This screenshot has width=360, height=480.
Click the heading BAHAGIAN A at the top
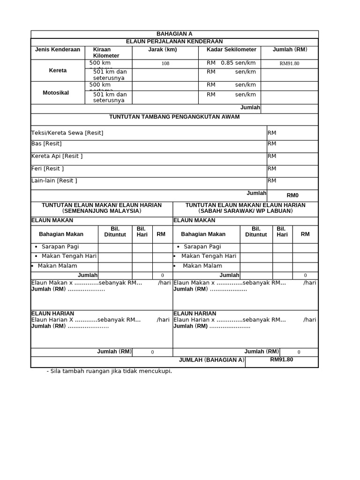(x=174, y=34)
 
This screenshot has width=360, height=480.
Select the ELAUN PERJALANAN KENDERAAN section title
(x=174, y=42)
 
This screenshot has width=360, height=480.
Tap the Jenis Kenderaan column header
(x=58, y=50)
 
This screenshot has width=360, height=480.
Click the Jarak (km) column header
(x=162, y=50)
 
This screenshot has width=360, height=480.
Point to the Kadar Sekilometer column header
(x=231, y=50)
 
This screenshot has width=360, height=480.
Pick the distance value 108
(x=165, y=63)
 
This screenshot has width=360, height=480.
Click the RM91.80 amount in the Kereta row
(x=289, y=63)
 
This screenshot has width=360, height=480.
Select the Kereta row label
(x=58, y=71)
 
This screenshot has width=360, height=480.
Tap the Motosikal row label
(x=56, y=93)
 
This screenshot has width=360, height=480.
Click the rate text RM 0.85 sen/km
(x=231, y=63)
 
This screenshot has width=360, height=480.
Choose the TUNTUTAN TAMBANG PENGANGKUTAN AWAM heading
(x=174, y=117)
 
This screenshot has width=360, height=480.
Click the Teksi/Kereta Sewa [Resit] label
(x=67, y=133)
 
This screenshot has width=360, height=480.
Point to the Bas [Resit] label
(x=46, y=144)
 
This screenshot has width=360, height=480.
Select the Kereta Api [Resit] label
(x=57, y=156)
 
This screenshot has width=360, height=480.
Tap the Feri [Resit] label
(x=47, y=168)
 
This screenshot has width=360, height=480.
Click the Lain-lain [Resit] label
(x=54, y=180)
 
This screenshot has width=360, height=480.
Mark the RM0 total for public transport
(x=292, y=195)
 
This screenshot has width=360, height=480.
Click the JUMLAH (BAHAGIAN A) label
(x=212, y=360)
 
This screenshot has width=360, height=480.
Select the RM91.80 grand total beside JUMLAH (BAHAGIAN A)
(x=281, y=360)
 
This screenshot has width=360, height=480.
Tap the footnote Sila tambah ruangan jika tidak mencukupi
(x=109, y=371)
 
